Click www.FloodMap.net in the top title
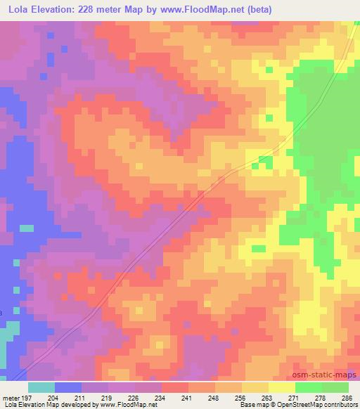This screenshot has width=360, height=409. click(x=206, y=10)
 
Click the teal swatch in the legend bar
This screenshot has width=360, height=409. click(x=41, y=387)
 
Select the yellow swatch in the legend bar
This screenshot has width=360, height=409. click(x=281, y=387)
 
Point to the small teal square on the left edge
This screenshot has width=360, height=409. click(x=26, y=228)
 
